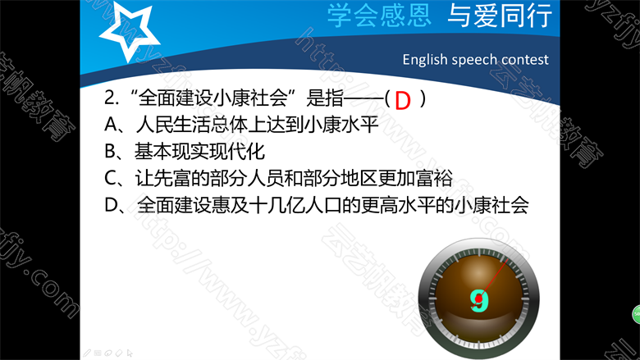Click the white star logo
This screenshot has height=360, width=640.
coord(129,32)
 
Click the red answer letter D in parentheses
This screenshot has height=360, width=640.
coord(402,101)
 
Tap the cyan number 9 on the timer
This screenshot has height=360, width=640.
coord(479,301)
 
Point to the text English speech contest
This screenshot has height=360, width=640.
coord(476,60)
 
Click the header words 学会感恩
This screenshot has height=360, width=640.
coord(379,16)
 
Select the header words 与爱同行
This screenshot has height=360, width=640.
coord(500,16)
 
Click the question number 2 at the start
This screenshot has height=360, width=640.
coord(110,98)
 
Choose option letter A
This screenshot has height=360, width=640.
coord(111,125)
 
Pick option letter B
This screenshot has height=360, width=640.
coord(110,151)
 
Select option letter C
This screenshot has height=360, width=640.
coord(111,178)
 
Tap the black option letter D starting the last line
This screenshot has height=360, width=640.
coord(112,205)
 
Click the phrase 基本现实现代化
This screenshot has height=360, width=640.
coord(200,151)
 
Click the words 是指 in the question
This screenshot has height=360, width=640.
coord(324,98)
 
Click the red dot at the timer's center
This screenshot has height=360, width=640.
coord(479,299)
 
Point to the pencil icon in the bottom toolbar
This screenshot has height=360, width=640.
coord(87,353)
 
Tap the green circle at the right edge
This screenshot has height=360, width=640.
coord(636,315)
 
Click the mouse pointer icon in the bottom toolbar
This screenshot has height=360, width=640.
coord(130,353)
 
